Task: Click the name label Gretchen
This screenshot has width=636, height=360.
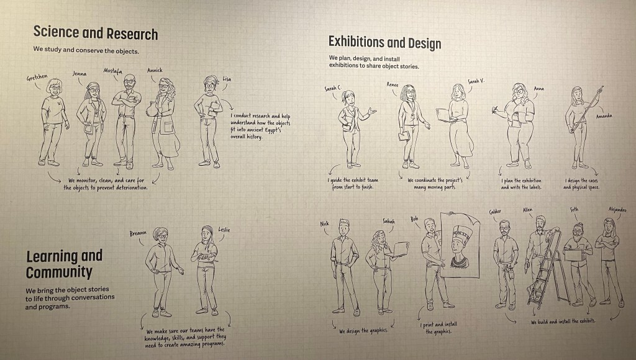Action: click(x=37, y=78)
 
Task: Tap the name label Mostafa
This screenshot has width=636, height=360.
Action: click(x=112, y=71)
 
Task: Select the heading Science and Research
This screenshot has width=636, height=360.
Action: click(x=96, y=33)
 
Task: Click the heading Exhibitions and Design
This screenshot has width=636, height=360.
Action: click(x=384, y=42)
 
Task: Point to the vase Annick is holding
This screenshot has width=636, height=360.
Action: click(x=152, y=109)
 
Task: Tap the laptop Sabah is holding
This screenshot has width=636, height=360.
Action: click(x=401, y=249)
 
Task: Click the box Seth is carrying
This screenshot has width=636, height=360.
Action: click(x=573, y=255)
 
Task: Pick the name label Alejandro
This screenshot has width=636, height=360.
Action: click(x=617, y=210)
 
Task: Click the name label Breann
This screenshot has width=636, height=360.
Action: click(x=138, y=233)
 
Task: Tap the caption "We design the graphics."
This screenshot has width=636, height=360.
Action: click(x=363, y=330)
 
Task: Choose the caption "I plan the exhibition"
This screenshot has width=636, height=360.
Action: click(x=521, y=181)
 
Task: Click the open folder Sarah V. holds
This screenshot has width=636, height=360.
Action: click(x=444, y=115)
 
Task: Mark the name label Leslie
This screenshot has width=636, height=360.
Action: click(x=224, y=230)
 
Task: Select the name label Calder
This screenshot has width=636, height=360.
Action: click(x=495, y=212)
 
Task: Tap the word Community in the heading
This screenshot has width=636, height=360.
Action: click(x=59, y=272)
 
